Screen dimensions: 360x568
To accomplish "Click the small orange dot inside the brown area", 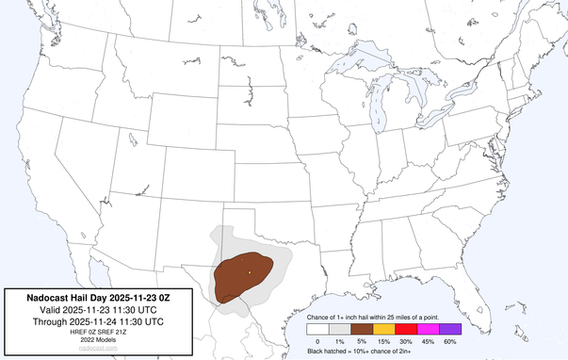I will coord(250,272).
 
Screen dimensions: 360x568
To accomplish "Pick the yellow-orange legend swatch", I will coord(384,329).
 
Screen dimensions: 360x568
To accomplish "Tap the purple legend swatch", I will coord(450,329).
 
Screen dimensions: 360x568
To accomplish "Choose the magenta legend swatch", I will coord(429,329).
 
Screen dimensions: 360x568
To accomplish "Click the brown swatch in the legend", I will coord(363,329).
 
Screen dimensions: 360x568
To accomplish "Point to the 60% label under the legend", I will coord(450,340).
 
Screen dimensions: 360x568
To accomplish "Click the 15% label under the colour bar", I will coord(384,340).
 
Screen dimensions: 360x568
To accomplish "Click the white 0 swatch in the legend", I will coord(318,329).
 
